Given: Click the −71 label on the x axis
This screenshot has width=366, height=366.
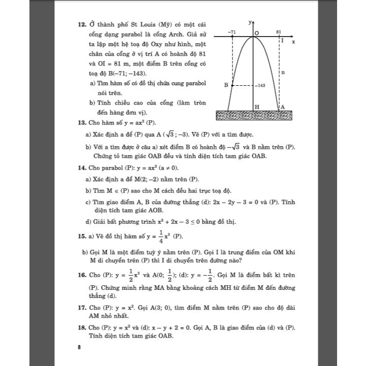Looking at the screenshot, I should (232, 32).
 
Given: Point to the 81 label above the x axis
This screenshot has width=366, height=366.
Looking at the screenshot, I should (279, 31).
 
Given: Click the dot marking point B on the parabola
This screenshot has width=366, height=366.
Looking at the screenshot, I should (232, 86).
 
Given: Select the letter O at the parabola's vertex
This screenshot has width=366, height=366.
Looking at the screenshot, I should (257, 32).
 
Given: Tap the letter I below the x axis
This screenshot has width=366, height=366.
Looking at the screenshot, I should (282, 40).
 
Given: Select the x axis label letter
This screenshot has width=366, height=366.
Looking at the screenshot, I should (293, 42).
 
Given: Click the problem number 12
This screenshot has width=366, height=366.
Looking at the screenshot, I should (81, 23).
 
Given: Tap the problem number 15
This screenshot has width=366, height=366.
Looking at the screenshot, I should (81, 237).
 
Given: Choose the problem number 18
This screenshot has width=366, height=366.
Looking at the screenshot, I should (81, 327).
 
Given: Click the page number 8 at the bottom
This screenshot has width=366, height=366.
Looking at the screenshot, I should (79, 348).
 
